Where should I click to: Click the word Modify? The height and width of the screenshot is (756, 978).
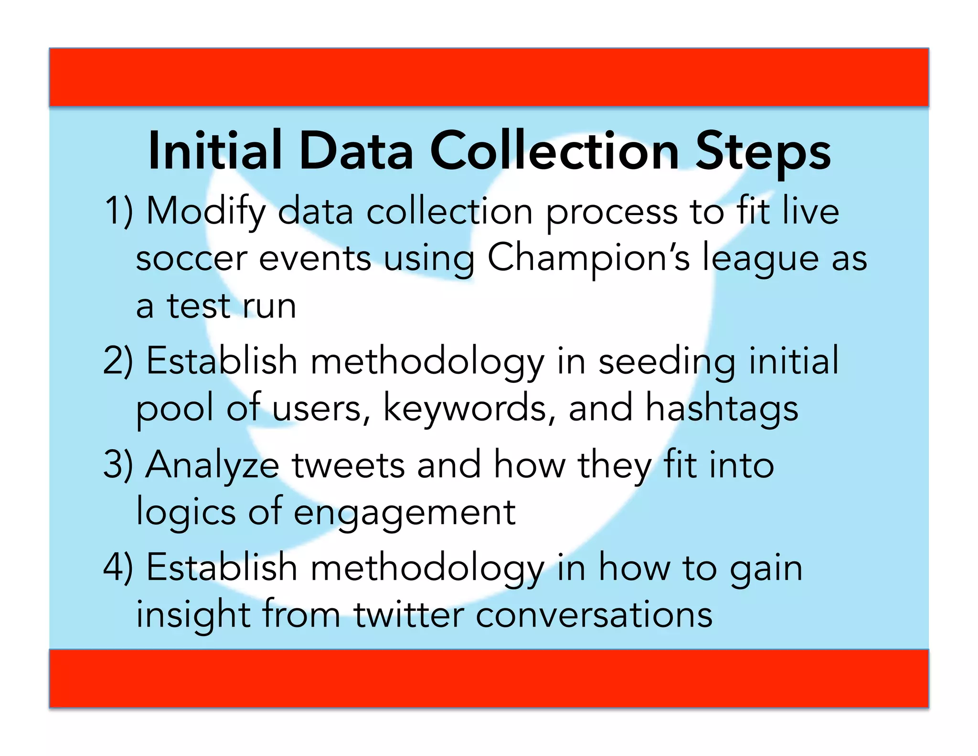click(205, 212)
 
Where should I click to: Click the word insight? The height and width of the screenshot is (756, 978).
click(193, 615)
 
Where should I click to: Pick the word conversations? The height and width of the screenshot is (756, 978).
click(594, 615)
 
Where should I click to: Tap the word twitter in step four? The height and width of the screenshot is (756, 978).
click(409, 615)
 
